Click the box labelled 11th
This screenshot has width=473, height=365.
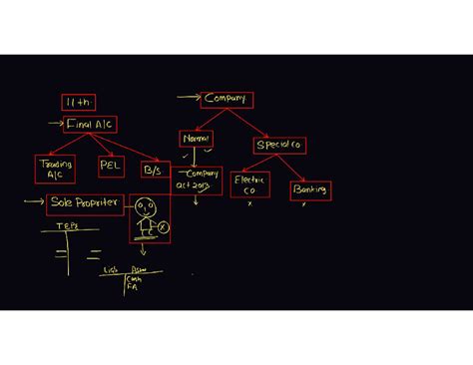click(80, 103)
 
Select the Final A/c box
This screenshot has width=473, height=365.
click(91, 124)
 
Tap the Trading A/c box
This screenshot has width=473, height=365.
click(55, 168)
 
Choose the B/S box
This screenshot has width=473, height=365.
click(152, 171)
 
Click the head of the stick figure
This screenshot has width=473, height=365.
click(147, 208)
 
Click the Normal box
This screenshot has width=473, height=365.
click(197, 139)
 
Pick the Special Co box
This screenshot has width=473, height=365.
click(279, 146)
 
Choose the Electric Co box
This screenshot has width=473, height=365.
click(249, 184)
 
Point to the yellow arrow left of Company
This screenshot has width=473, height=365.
click(188, 98)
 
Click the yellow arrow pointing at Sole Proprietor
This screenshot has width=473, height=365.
click(35, 202)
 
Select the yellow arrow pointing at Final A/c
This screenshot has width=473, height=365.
click(55, 124)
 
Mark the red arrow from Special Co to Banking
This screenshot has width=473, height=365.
click(296, 168)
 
